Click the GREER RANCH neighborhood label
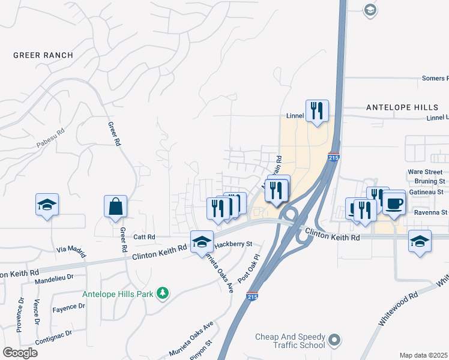(43, 55)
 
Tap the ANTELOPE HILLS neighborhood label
(402, 107)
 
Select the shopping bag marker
(115, 207)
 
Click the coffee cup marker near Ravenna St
(394, 203)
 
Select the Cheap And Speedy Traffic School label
(289, 341)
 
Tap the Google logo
(20, 352)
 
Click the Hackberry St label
(234, 244)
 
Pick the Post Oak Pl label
(251, 268)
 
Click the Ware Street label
(426, 172)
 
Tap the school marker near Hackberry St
(202, 241)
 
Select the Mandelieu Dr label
(53, 278)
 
